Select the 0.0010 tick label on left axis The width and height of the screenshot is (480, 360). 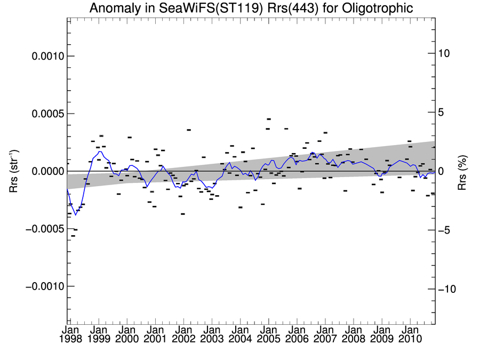[x=45, y=56]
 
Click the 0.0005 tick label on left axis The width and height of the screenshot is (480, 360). [x=45, y=114]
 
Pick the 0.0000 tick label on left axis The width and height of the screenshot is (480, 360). [x=45, y=171]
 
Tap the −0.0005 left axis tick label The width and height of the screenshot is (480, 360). [x=42, y=229]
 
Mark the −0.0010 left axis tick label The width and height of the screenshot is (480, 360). [x=42, y=286]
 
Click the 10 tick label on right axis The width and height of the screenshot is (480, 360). [x=444, y=53]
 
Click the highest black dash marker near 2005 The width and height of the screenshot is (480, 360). [x=269, y=119]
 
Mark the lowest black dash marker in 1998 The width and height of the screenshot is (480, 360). [x=73, y=236]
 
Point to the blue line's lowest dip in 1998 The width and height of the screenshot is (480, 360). [x=75, y=215]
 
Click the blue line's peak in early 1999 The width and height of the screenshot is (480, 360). [x=100, y=151]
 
